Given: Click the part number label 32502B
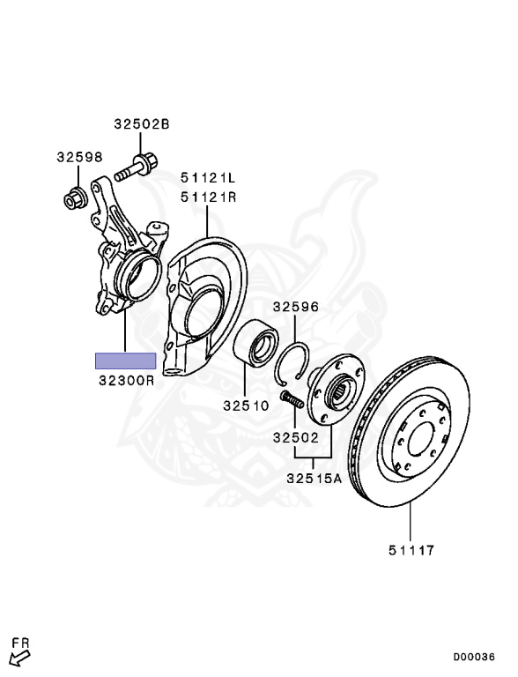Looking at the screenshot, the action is tap(142, 124).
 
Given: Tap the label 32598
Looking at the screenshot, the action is tap(79, 157).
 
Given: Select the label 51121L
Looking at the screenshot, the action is tap(208, 177).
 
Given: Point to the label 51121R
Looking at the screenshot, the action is tap(208, 197).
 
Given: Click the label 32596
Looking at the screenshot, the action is tap(296, 307).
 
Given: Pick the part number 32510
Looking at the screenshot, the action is tap(246, 405).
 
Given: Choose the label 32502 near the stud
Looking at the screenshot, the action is tap(296, 438).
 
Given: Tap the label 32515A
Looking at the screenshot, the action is tap(314, 479).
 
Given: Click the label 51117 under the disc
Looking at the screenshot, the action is tap(411, 550).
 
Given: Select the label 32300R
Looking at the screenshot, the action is tap(126, 381).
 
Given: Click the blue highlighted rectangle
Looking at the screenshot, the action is tap(126, 361).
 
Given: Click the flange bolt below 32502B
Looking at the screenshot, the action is tap(137, 167).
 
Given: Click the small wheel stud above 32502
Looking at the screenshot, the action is tap(292, 398).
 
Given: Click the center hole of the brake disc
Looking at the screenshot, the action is tap(420, 439).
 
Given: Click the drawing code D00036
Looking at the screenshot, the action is tap(474, 657).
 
